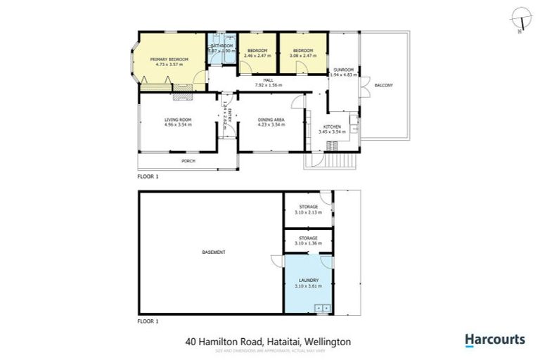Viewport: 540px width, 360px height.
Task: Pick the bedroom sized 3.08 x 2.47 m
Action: coord(302,51)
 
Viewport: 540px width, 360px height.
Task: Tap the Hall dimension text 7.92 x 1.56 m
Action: coord(268,86)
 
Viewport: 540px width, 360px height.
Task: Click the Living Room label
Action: coord(178,120)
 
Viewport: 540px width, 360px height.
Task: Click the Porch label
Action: coord(188,161)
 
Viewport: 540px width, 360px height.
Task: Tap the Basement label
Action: coord(213,252)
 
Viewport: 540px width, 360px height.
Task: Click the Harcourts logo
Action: coord(494,340)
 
